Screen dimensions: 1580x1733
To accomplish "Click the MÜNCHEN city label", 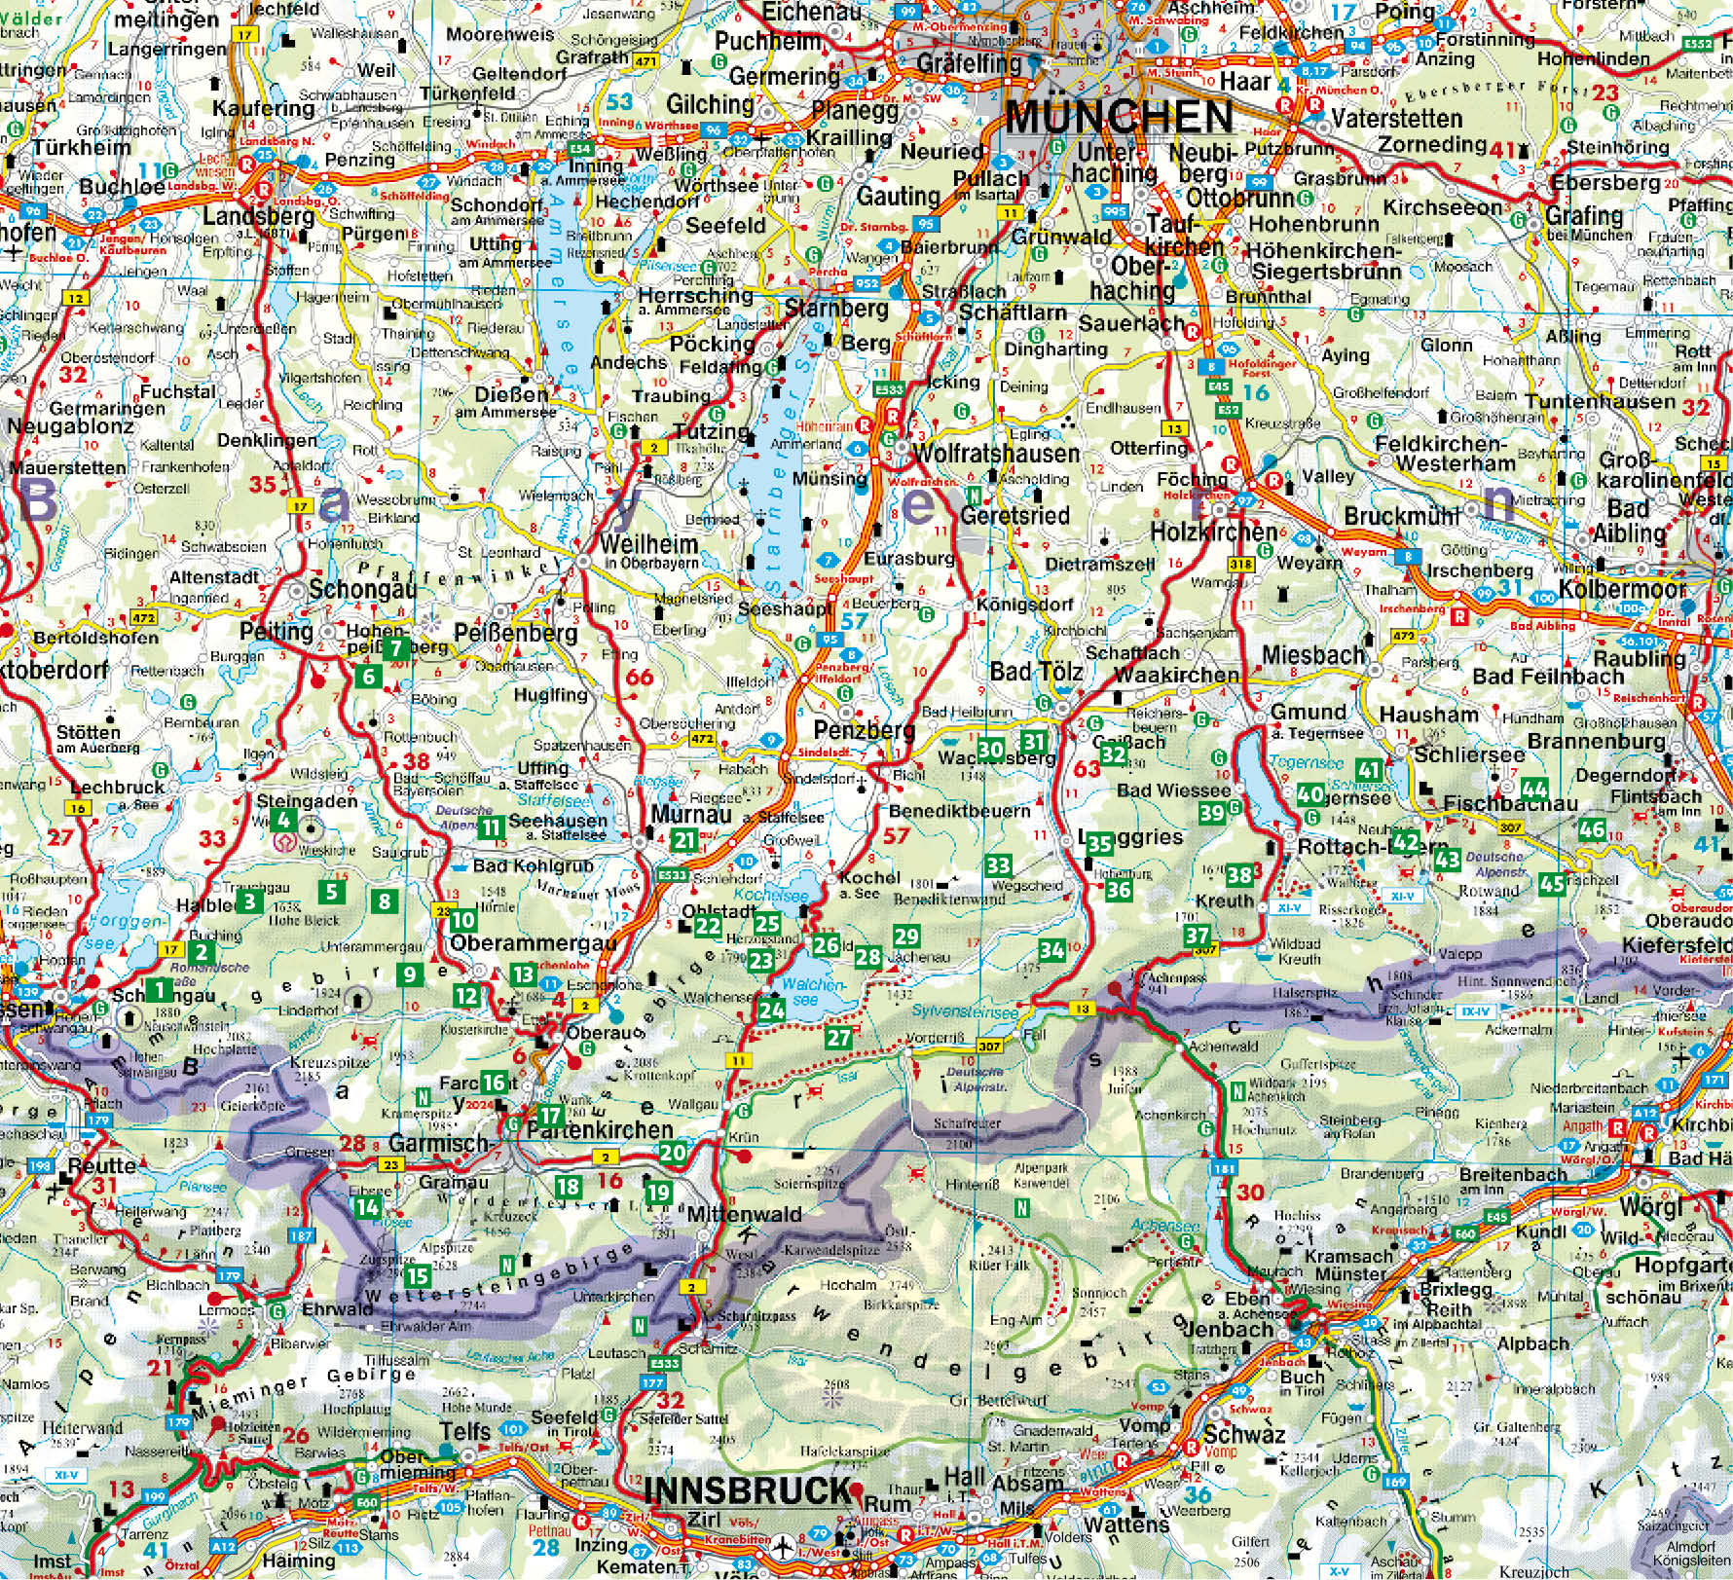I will tap(1120, 117).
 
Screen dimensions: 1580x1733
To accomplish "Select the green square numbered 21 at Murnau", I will tap(685, 841).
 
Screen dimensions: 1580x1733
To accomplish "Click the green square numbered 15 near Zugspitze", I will tap(418, 1275).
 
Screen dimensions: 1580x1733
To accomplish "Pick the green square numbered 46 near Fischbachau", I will tap(1592, 829).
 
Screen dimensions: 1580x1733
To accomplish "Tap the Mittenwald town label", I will tap(744, 1214).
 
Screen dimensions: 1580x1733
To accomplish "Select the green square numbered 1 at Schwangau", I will tap(160, 991).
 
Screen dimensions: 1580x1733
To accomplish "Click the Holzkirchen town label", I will tap(1213, 532).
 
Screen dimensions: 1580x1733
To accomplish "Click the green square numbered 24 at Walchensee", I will tap(772, 1010).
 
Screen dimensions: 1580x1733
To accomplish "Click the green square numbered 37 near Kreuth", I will tap(1198, 937).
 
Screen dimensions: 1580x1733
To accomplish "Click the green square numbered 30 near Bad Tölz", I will tap(990, 749).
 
